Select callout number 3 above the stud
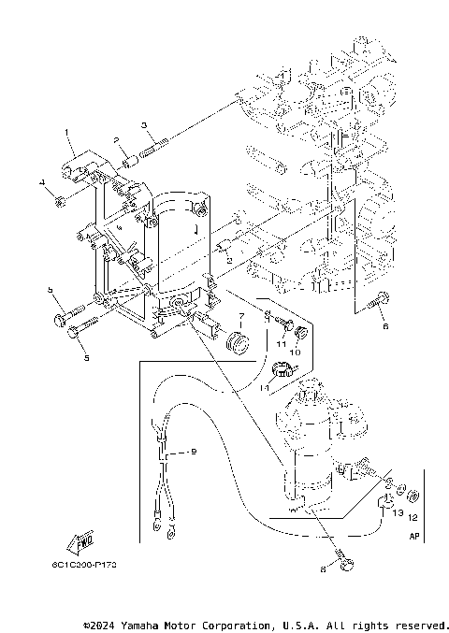pos(145,124)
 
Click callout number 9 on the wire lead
pos(193,452)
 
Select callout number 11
pos(278,345)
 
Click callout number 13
pos(397,513)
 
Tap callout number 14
pos(265,386)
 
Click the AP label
pos(414,538)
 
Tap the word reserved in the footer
pos(423,624)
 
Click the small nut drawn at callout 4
pos(58,199)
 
